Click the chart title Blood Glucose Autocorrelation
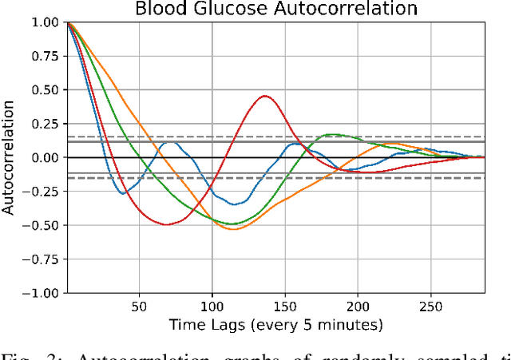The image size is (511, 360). (275, 10)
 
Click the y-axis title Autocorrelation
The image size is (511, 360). (10, 158)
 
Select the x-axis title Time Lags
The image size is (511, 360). (275, 325)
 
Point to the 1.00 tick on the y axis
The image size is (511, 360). (45, 22)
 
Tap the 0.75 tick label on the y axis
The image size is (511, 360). (45, 57)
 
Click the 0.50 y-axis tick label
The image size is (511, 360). (45, 90)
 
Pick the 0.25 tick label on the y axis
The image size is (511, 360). (45, 125)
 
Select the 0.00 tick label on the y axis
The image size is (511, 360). (45, 158)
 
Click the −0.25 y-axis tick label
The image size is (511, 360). (42, 192)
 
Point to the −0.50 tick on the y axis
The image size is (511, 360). (42, 226)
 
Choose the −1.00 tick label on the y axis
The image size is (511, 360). (42, 294)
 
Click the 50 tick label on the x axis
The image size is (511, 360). (139, 306)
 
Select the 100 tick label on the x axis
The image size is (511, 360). (212, 306)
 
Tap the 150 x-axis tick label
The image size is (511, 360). (285, 306)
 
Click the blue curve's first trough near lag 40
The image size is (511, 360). (123, 193)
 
